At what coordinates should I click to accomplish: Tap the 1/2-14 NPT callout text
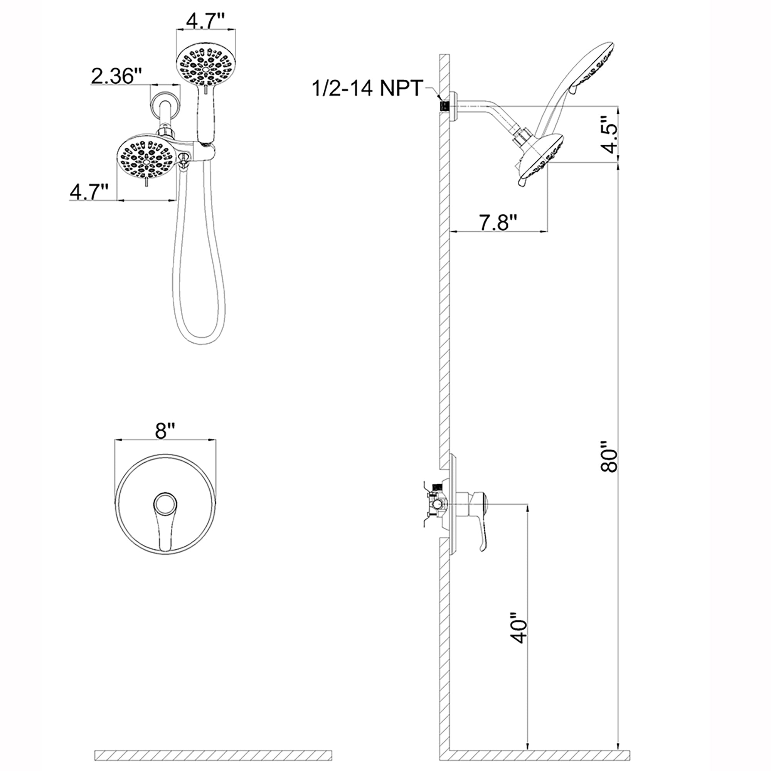point(367,88)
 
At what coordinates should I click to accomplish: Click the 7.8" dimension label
point(498,222)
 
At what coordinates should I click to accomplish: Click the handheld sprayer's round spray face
point(206,64)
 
